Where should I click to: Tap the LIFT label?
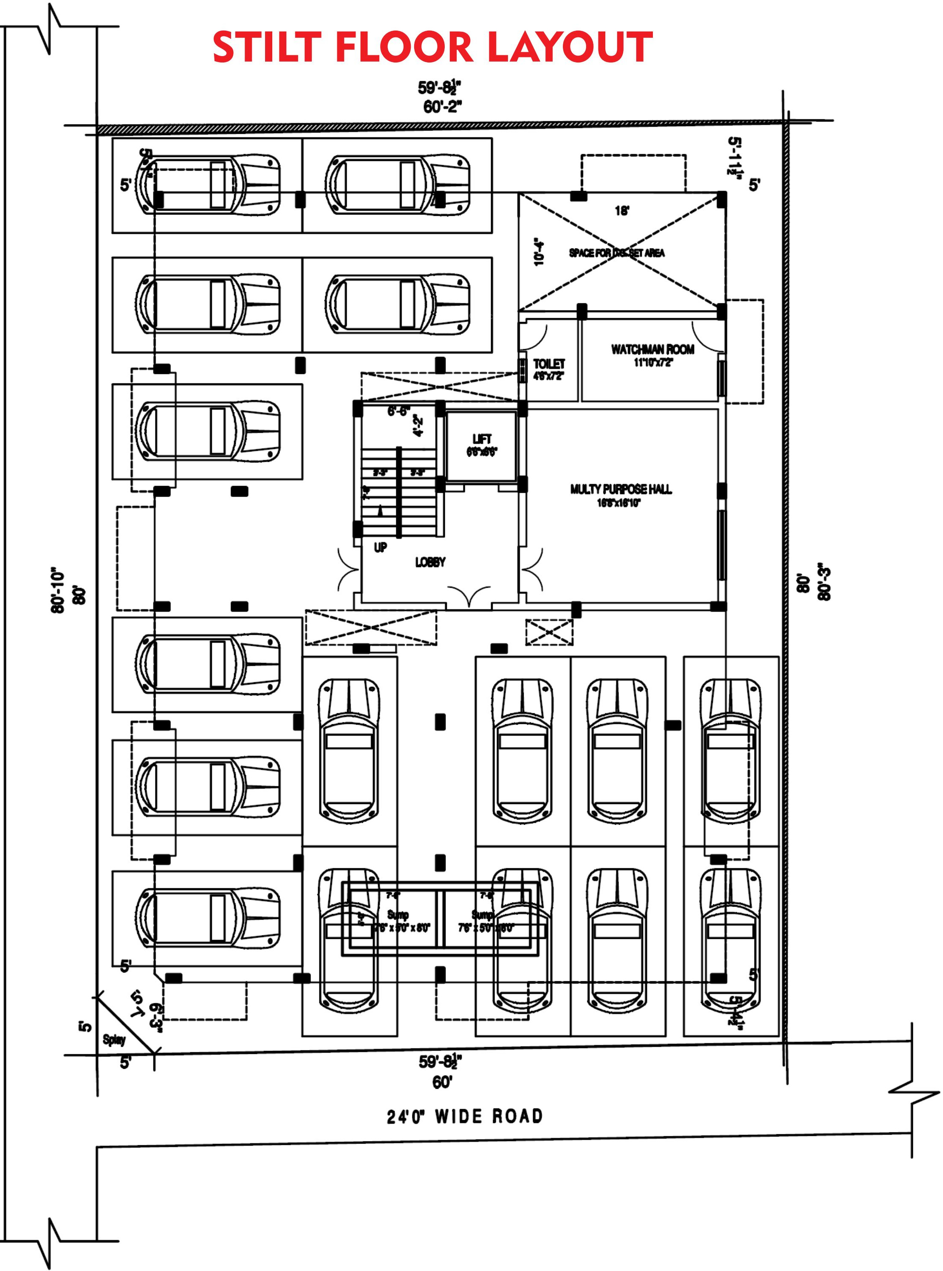[x=482, y=439]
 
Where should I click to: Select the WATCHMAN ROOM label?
[x=652, y=349]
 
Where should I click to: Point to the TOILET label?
[x=548, y=364]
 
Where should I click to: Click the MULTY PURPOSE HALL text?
[x=621, y=489]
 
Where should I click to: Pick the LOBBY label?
[x=430, y=562]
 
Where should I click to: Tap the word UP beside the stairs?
[x=380, y=547]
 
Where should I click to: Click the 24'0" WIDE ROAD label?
[x=465, y=1116]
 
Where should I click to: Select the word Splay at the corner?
[x=114, y=1039]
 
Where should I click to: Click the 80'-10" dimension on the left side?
[x=58, y=590]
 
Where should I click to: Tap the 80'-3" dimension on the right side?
[x=824, y=584]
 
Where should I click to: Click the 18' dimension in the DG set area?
[x=621, y=211]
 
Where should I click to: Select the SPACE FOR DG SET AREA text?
[x=616, y=253]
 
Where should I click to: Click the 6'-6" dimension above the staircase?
[x=398, y=411]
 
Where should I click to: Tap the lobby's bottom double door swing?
[x=469, y=595]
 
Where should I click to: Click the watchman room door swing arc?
[x=707, y=338]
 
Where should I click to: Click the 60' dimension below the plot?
[x=442, y=1082]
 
